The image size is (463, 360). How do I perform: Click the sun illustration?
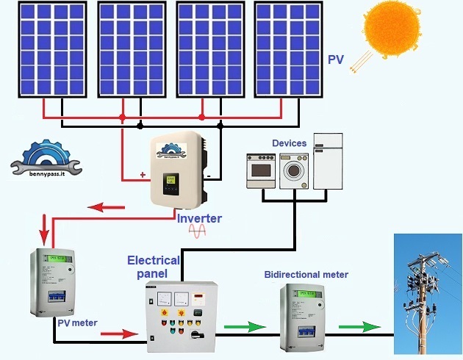[392, 29]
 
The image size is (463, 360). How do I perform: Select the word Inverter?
[198, 218]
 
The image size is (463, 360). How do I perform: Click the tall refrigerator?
[328, 162]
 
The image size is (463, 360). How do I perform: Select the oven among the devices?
[262, 171]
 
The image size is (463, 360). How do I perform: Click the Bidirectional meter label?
[306, 275]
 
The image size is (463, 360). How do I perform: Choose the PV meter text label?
[77, 322]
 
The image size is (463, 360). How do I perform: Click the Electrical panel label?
[154, 267]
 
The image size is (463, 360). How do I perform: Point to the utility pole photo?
[427, 294]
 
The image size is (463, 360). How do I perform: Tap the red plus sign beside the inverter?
[143, 175]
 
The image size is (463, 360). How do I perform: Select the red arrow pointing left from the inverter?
[106, 207]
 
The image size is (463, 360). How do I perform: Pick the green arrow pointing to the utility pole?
[360, 325]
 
